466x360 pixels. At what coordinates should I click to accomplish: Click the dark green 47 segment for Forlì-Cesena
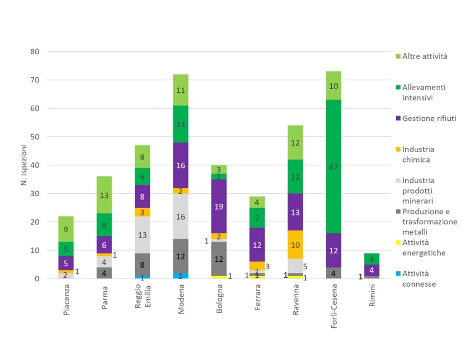pyautogui.click(x=333, y=166)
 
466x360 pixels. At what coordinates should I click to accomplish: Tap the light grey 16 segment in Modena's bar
pyautogui.click(x=181, y=216)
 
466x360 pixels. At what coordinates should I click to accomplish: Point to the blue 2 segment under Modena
pyautogui.click(x=181, y=276)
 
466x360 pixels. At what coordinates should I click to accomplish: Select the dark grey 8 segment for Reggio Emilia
pyautogui.click(x=143, y=264)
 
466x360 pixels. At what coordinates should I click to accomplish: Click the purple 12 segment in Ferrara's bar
pyautogui.click(x=257, y=244)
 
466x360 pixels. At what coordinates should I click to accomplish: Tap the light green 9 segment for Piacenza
pyautogui.click(x=66, y=229)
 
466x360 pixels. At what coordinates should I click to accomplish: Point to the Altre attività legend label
pyautogui.click(x=425, y=56)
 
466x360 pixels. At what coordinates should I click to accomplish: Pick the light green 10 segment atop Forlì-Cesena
pyautogui.click(x=333, y=86)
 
